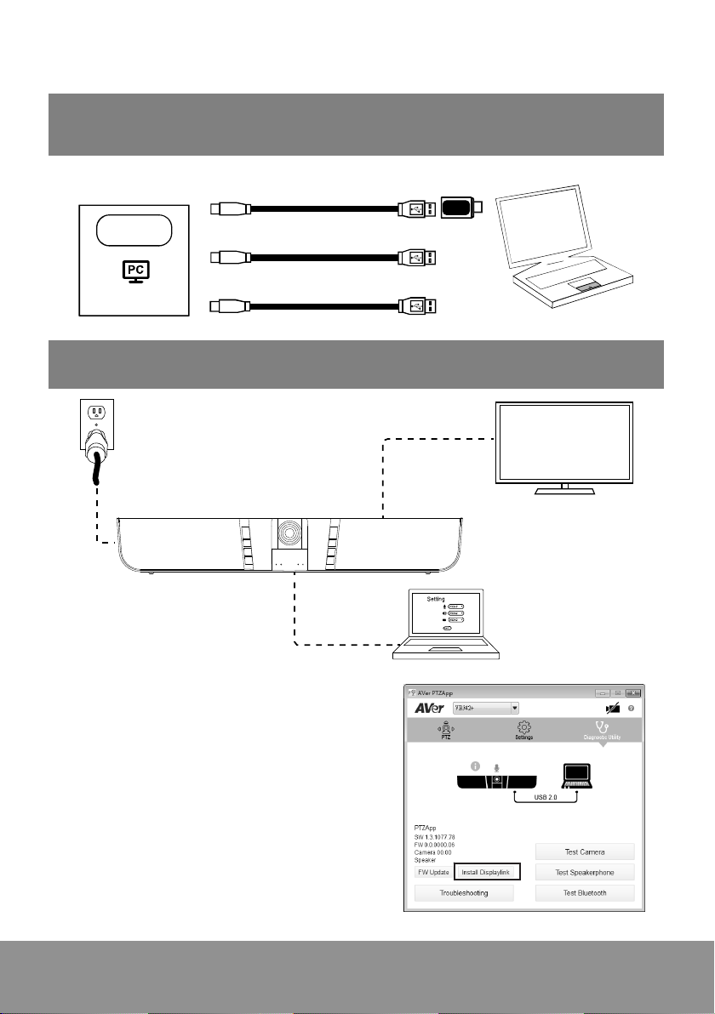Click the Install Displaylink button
pos(487,872)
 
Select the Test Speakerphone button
pos(584,872)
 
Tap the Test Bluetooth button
pos(584,892)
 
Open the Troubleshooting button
pos(464,892)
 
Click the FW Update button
pos(433,872)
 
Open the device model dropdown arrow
pos(515,708)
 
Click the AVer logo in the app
pos(430,708)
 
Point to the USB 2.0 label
pos(546,797)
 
